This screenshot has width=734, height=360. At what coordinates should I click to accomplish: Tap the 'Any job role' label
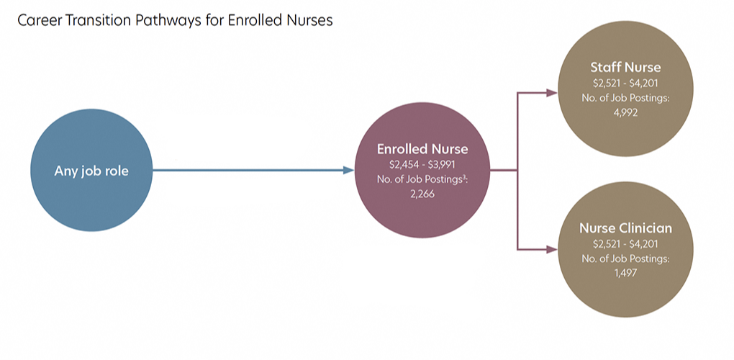tap(91, 171)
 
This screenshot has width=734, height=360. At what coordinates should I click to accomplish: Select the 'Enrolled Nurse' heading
tap(422, 149)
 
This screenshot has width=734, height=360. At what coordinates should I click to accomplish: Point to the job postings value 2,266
tap(422, 194)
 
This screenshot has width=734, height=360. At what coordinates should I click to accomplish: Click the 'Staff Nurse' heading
tap(625, 68)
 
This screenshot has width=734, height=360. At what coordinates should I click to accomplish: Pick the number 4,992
tap(625, 113)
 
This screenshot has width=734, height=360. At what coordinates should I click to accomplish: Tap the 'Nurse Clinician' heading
tap(625, 228)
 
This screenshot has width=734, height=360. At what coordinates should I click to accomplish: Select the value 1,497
tap(625, 273)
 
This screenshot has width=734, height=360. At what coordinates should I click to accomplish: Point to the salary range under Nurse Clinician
tap(625, 243)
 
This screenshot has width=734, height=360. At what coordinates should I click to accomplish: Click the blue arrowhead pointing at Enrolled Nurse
tap(348, 171)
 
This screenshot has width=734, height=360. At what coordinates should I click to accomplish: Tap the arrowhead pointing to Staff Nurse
tap(552, 93)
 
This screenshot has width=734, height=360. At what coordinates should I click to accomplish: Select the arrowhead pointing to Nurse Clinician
tap(552, 250)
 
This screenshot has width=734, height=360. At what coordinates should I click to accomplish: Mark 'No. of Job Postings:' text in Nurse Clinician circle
tap(625, 258)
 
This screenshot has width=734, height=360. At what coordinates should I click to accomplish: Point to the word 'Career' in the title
tap(37, 21)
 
